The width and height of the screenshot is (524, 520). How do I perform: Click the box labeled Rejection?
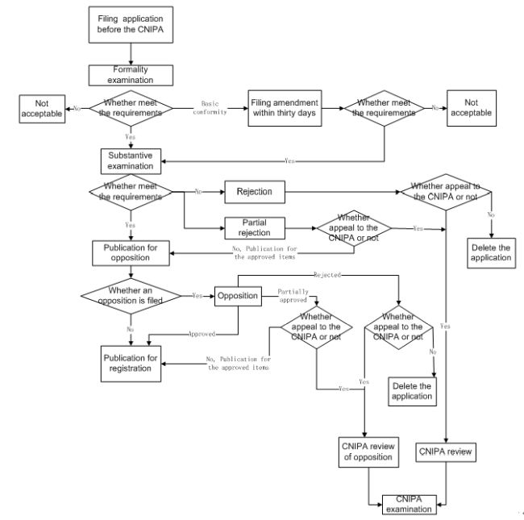(x=254, y=192)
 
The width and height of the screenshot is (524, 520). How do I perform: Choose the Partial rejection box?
(x=254, y=227)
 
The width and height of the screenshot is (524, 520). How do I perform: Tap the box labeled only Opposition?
(x=238, y=296)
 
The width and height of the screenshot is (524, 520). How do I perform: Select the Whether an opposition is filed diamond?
(x=131, y=296)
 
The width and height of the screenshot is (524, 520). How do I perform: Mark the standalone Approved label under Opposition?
(x=201, y=333)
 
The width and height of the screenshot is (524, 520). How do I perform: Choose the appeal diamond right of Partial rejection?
(x=352, y=228)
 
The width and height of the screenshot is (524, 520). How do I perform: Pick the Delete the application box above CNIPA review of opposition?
(x=411, y=391)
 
